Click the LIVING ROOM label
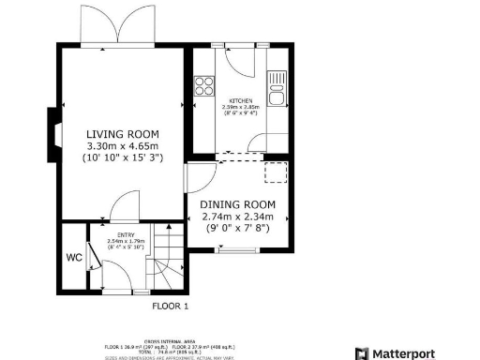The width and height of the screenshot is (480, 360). (123, 133)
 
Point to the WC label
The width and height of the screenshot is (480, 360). (73, 256)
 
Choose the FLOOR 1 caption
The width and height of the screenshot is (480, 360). (171, 306)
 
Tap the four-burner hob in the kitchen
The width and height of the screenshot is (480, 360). (202, 87)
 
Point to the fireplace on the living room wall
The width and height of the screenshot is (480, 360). (52, 135)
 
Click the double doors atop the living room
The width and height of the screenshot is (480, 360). (127, 24)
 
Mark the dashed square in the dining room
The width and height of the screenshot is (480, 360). (277, 172)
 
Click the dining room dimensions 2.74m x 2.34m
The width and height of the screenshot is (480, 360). (238, 217)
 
